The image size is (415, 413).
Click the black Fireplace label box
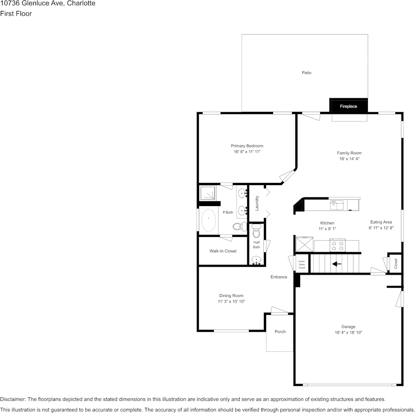pyautogui.click(x=349, y=106)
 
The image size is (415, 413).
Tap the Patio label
pyautogui.click(x=307, y=73)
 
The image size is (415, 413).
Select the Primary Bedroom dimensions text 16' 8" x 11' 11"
pyautogui.click(x=247, y=152)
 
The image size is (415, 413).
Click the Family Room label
pyautogui.click(x=349, y=153)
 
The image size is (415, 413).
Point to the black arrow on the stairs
pyautogui.click(x=337, y=264)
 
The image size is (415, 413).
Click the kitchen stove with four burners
pyautogui.click(x=337, y=245)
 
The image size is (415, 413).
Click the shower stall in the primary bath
pyautogui.click(x=208, y=193)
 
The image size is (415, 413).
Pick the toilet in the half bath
pyautogui.click(x=256, y=231)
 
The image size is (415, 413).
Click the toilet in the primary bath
pyautogui.click(x=239, y=226)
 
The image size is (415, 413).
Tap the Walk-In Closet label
pyautogui.click(x=223, y=251)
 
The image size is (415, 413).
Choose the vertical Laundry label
pyautogui.click(x=257, y=203)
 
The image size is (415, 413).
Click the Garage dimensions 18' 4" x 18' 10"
pyautogui.click(x=348, y=333)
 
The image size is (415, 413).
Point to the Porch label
pyautogui.click(x=280, y=332)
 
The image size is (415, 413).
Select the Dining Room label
pyautogui.click(x=231, y=296)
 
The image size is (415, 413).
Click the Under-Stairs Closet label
pyautogui.click(x=301, y=264)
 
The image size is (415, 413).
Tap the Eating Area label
pyautogui.click(x=381, y=222)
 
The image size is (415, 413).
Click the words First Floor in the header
pyautogui.click(x=16, y=14)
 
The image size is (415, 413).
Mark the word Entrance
pyautogui.click(x=279, y=277)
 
